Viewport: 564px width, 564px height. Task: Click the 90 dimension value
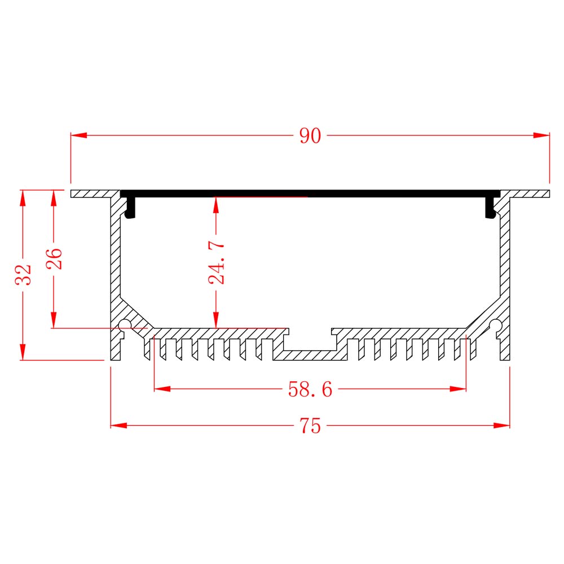tap(310, 136)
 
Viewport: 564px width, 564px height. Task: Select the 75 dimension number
tap(310, 426)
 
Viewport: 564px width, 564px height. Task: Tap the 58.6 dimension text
tap(310, 389)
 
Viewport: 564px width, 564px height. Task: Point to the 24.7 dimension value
tap(217, 263)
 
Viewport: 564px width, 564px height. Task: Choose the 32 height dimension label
tap(23, 275)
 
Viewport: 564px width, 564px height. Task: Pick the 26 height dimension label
tap(54, 259)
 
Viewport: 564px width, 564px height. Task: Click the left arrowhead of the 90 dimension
tap(79, 135)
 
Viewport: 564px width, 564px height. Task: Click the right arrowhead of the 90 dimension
tap(541, 135)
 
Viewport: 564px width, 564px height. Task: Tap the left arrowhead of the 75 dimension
tap(118, 425)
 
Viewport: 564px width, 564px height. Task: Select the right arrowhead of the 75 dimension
tap(502, 425)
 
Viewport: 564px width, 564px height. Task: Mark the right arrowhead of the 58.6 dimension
tap(458, 389)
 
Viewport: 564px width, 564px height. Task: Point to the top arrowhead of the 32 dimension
tap(23, 198)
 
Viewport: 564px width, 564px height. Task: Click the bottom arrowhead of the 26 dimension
tap(54, 320)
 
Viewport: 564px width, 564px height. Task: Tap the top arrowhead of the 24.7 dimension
tap(216, 205)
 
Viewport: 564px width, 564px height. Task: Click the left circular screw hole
tap(125, 325)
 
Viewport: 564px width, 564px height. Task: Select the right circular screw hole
tap(496, 325)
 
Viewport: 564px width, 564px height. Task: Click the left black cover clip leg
tap(130, 208)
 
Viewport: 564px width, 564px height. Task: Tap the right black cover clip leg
tap(491, 208)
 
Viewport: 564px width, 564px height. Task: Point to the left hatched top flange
tap(96, 194)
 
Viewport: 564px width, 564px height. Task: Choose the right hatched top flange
tap(525, 194)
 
